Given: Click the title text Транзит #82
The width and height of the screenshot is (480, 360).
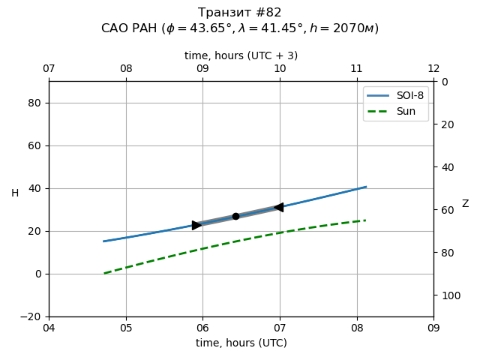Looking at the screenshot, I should point(240,13).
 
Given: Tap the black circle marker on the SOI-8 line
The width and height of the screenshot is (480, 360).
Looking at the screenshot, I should point(235,216).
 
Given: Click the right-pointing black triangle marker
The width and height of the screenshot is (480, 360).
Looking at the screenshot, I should point(196,225).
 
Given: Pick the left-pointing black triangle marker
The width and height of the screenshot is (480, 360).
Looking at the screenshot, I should point(278,207).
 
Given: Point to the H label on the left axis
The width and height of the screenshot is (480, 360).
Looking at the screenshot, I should point(15,193).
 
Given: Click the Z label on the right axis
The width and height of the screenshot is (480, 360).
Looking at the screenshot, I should point(465,204).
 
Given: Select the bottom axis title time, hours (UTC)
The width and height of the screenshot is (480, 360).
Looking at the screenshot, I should point(241,343).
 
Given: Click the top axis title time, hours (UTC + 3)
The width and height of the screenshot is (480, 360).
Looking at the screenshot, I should point(241,55).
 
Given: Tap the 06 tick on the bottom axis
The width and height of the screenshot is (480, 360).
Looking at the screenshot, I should point(202,328).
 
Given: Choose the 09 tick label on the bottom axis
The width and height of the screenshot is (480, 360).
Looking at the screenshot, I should point(433,328).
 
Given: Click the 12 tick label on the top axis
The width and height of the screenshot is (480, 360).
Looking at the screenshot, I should point(433,69).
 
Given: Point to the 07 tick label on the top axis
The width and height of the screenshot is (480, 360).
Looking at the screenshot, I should point(49,69).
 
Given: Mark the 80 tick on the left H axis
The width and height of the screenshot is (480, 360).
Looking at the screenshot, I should point(34,103).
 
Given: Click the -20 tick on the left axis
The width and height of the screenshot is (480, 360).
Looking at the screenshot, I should point(31,316).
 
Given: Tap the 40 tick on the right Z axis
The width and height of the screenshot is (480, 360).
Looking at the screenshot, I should point(445,167).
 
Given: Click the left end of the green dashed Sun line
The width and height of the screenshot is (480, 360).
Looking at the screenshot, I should point(104,274).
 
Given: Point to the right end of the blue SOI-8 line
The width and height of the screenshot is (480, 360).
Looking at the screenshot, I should point(366,187).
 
